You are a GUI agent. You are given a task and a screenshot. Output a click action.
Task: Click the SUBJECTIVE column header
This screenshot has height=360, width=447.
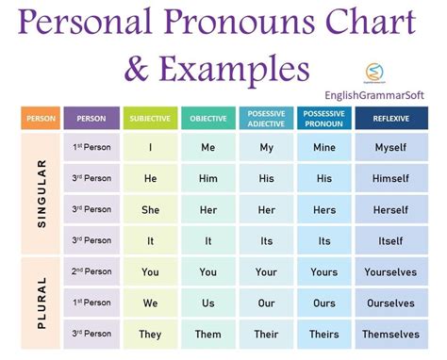[149, 119]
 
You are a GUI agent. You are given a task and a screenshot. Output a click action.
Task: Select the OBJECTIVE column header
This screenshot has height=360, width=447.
[207, 119]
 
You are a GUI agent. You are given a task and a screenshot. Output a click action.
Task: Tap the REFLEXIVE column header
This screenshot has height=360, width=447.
[390, 119]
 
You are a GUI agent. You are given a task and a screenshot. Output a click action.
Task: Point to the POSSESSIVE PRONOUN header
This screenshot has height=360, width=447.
[324, 119]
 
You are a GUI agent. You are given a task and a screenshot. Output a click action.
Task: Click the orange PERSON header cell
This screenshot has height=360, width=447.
[41, 119]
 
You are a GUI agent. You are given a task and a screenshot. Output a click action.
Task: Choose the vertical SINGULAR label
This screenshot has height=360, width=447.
[41, 193]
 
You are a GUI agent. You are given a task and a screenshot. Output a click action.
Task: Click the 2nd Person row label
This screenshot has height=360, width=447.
[91, 271]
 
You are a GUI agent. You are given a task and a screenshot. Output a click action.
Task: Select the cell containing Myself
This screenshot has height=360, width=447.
[390, 148]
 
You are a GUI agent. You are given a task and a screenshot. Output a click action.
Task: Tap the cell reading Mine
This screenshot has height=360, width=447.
[324, 148]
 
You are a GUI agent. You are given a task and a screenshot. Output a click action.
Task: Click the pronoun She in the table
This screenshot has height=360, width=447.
[149, 209]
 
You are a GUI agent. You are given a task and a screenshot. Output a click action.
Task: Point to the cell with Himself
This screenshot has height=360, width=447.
[390, 178]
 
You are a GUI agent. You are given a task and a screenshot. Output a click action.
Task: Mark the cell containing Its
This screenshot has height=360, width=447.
[324, 240]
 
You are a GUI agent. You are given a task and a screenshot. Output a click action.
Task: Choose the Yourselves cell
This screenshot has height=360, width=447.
[390, 271]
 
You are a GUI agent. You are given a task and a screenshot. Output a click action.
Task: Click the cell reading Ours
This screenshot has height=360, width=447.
[324, 303]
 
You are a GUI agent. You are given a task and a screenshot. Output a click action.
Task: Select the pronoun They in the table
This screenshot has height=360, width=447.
[149, 334]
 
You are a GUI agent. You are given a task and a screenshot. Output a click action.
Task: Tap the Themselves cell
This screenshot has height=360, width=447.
[390, 334]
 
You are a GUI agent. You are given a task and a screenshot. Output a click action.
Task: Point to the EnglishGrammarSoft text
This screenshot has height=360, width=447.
[386, 92]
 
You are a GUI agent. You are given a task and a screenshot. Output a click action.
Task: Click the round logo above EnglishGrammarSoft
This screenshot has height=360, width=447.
[372, 72]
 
